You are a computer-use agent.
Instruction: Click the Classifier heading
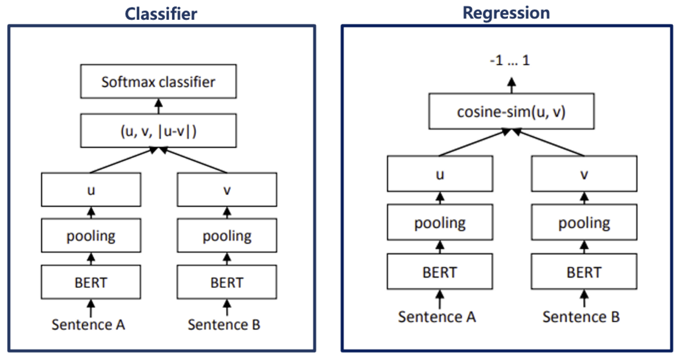pyautogui.click(x=161, y=13)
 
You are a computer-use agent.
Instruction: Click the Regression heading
pyautogui.click(x=506, y=13)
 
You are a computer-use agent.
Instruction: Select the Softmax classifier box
pyautogui.click(x=158, y=82)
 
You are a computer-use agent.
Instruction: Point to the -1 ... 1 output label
pyautogui.click(x=510, y=61)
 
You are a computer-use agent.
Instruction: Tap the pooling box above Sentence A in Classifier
pyautogui.click(x=91, y=236)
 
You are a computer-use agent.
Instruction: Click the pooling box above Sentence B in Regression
pyautogui.click(x=584, y=223)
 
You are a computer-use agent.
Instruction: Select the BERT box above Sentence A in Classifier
pyautogui.click(x=91, y=283)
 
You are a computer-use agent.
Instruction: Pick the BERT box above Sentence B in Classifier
pyautogui.click(x=227, y=283)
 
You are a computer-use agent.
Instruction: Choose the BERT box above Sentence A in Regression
pyautogui.click(x=439, y=272)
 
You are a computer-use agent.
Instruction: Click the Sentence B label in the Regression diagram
pyautogui.click(x=581, y=317)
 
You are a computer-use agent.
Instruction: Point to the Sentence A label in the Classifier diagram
pyautogui.click(x=88, y=324)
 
